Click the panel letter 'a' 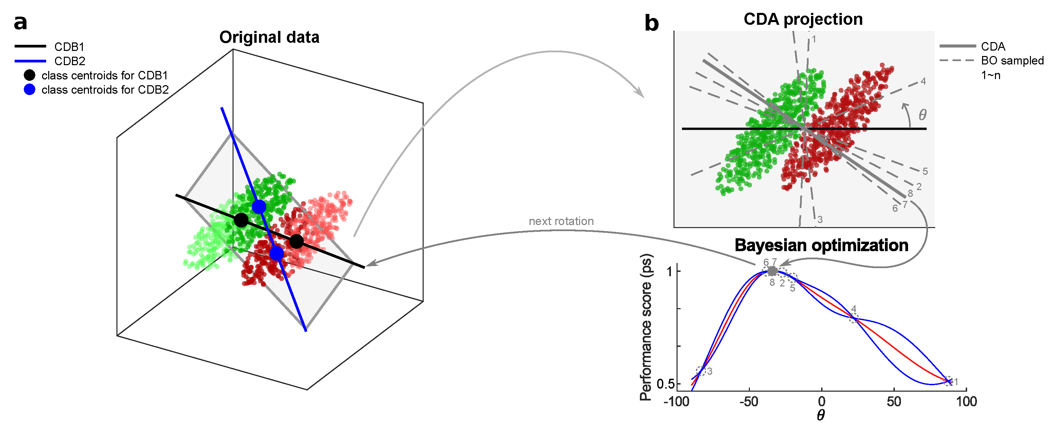20,22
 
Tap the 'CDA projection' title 803,19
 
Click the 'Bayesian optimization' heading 821,245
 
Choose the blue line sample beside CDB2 30,61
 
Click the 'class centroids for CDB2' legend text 105,90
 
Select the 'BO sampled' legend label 1012,60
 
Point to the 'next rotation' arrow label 561,221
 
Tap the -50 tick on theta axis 749,402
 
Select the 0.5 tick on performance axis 665,384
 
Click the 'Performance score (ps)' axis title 646,327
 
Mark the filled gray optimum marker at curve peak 772,271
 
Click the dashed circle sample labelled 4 854,318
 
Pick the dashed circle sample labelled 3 701,371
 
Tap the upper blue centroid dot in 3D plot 259,207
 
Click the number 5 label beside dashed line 925,171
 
